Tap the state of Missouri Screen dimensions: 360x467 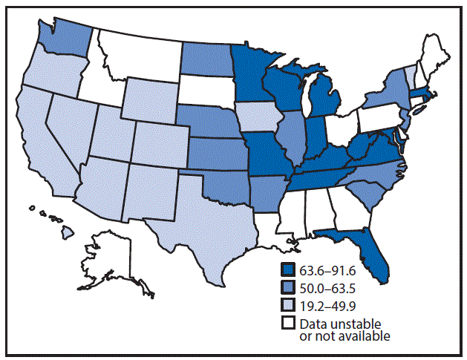[x=267, y=156]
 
